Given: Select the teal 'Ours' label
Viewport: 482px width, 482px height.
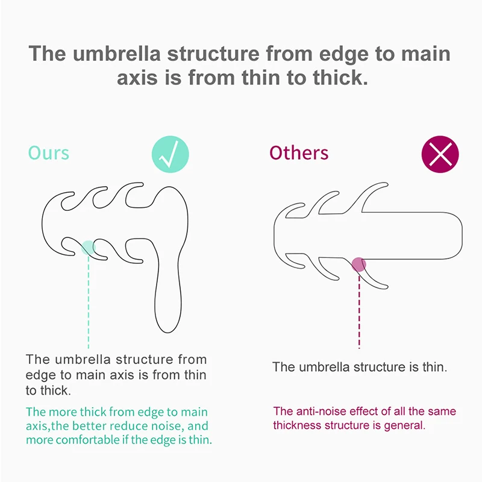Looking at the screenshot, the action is point(49,152).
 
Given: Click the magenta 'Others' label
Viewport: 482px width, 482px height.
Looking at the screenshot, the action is point(299,152).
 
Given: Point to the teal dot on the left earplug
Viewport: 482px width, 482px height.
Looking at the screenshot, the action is point(88,246).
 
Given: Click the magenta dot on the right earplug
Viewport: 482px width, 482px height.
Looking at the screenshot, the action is point(359,264).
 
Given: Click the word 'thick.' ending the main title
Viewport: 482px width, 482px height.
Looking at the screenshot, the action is point(337,78).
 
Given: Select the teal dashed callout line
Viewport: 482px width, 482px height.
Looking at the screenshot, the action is point(88,301).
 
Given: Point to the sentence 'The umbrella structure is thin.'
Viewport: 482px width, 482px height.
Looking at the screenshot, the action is point(359,367).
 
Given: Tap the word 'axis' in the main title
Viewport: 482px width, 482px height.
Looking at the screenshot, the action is point(137,78).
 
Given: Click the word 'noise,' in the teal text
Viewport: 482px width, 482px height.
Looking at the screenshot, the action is point(168,427).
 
